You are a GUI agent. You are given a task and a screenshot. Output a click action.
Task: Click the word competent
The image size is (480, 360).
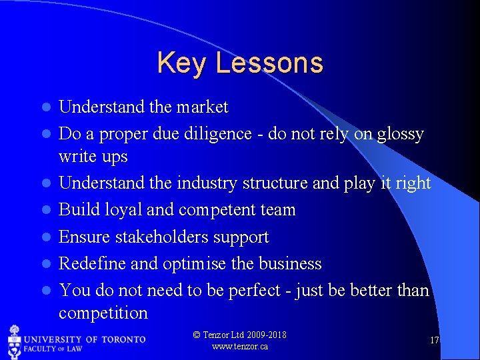click(x=217, y=211)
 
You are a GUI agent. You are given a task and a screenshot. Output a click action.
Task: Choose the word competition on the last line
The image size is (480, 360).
click(x=103, y=313)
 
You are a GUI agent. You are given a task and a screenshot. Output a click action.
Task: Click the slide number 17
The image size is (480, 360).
click(x=434, y=341)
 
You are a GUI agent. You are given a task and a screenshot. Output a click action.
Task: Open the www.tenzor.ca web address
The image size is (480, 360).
click(x=239, y=347)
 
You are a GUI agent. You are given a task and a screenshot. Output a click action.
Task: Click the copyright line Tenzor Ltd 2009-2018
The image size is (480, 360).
click(x=239, y=335)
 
